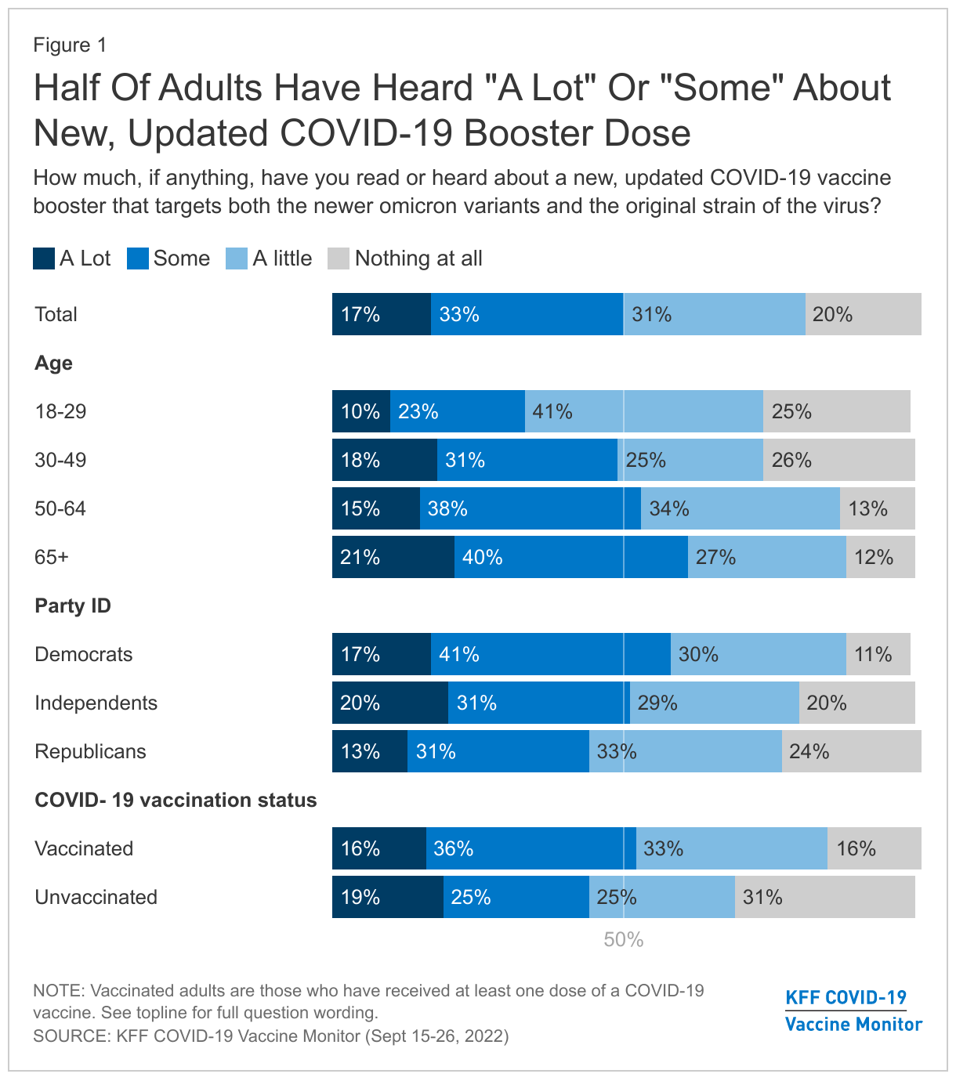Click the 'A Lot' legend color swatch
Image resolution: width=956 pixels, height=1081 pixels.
(x=44, y=258)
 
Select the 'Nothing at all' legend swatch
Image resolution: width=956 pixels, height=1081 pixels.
(x=339, y=258)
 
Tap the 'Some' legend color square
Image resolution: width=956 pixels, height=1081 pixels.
(x=138, y=258)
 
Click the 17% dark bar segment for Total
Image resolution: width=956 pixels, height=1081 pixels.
(x=381, y=314)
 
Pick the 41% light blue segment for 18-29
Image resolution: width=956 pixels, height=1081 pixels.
(x=643, y=411)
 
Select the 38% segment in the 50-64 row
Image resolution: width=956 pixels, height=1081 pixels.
(x=530, y=508)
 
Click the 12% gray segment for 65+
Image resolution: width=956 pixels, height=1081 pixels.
(x=880, y=557)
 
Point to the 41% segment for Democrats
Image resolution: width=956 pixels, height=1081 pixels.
(x=550, y=654)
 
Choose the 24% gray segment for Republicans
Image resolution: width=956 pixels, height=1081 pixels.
(x=851, y=751)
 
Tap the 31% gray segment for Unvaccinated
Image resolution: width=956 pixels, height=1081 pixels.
(x=824, y=897)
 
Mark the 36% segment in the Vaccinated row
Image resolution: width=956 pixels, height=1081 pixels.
(x=531, y=848)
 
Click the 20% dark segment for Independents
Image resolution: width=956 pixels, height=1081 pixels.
(x=389, y=703)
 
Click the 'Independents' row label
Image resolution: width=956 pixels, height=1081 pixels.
(x=96, y=703)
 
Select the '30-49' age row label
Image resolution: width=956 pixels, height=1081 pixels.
(x=60, y=460)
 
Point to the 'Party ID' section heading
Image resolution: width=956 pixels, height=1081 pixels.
(x=73, y=606)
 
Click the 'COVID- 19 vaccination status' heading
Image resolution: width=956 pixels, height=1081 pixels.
(x=176, y=800)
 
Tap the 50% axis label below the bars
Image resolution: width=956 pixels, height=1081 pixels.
(x=623, y=940)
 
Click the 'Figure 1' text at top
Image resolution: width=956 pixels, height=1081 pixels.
(x=70, y=45)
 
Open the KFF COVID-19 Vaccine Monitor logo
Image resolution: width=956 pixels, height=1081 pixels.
(x=853, y=1010)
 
